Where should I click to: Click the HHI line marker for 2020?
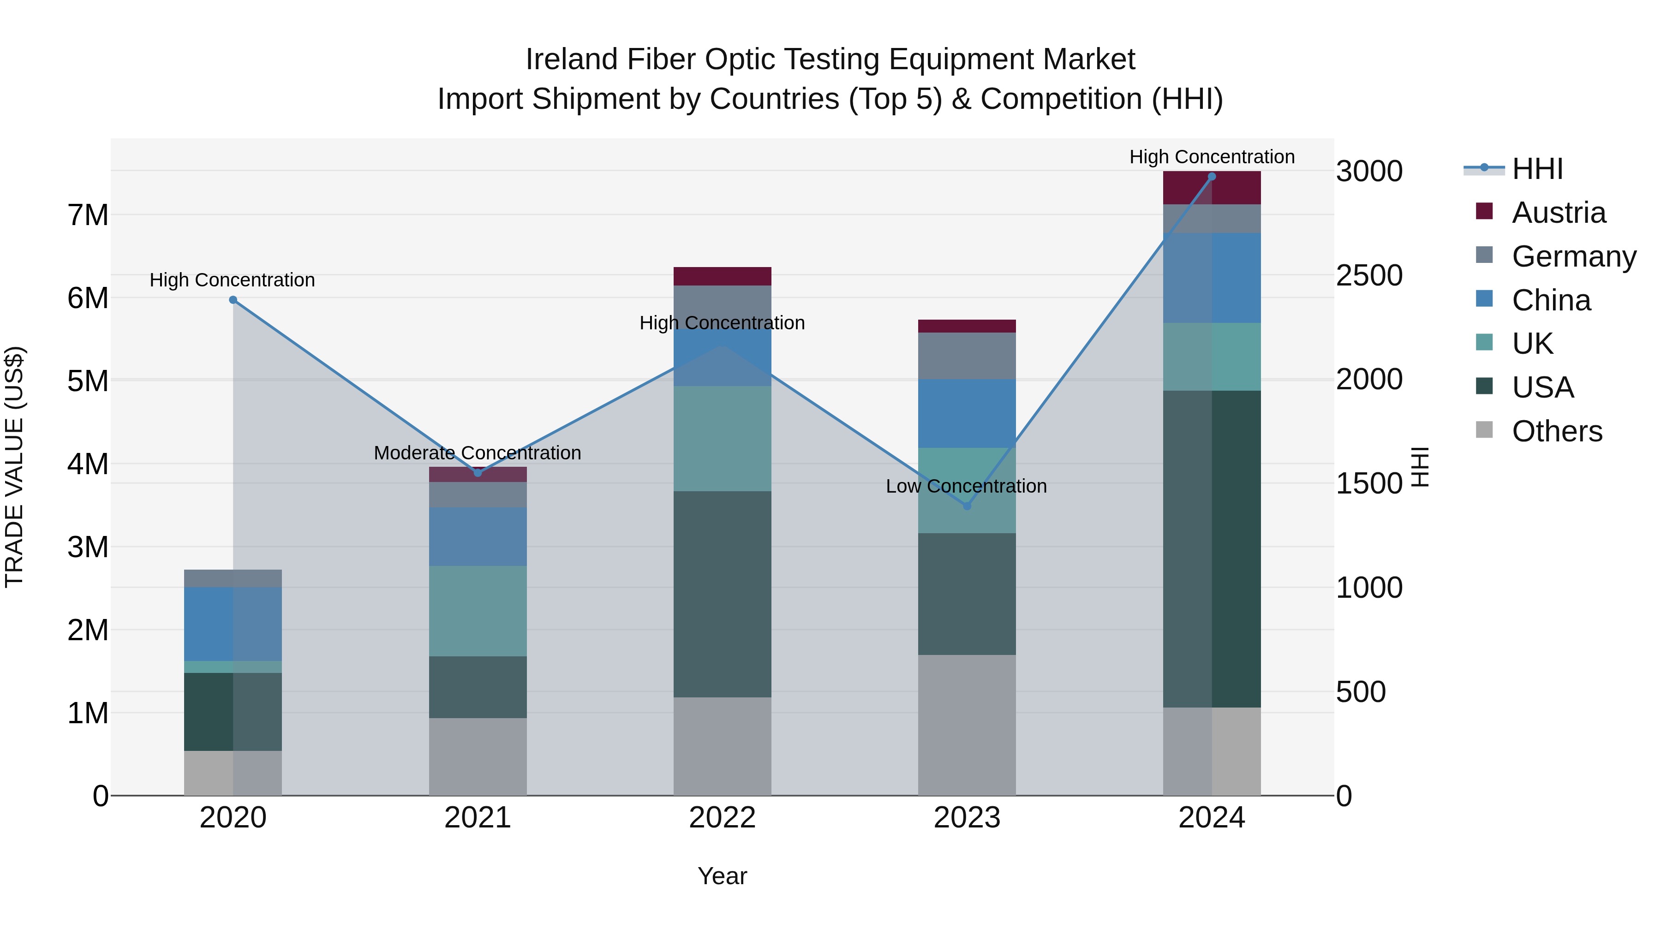(233, 300)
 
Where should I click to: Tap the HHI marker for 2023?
(967, 506)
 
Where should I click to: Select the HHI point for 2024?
(1212, 177)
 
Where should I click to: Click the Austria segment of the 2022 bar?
(722, 276)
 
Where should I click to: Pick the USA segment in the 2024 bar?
(1212, 548)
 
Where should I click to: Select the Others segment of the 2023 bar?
(967, 725)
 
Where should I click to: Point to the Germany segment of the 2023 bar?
(967, 356)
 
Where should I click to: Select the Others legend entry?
(1557, 431)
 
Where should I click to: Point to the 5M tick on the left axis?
(88, 381)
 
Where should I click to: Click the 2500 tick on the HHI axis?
(1368, 275)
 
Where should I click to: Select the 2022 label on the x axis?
(722, 818)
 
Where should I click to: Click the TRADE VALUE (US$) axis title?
(14, 467)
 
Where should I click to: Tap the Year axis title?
(722, 876)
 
